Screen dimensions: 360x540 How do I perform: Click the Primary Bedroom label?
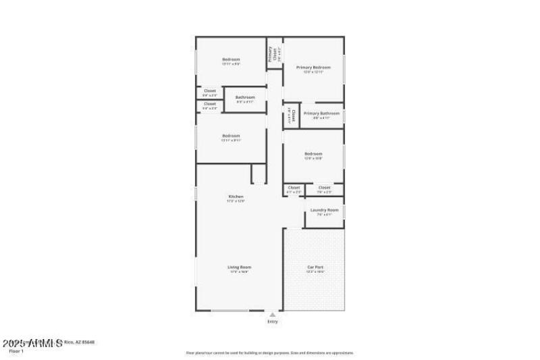pos(313,68)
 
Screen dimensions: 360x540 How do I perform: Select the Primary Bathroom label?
pos(321,113)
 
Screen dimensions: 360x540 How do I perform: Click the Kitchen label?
pos(236,197)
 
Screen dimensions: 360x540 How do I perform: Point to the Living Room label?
pos(240,267)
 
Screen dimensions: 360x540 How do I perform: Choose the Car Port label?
pos(315,267)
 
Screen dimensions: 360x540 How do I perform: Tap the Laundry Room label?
pos(324,210)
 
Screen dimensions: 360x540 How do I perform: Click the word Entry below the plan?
pos(272,322)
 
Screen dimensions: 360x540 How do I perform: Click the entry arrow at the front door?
pos(272,314)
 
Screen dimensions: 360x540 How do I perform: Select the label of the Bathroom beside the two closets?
pos(245,97)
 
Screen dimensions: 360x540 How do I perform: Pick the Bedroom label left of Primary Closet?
pos(231,59)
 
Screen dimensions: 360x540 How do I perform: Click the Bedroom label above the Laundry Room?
pos(313,153)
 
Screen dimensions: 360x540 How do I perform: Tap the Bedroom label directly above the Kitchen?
pos(231,136)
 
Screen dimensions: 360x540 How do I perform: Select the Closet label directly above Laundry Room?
pos(324,187)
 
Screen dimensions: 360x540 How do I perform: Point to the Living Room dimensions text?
pos(240,272)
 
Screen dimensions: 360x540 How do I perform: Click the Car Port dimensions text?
pos(315,272)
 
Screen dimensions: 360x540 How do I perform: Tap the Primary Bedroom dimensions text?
pos(313,72)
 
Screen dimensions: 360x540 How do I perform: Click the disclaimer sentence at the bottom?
pos(269,353)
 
